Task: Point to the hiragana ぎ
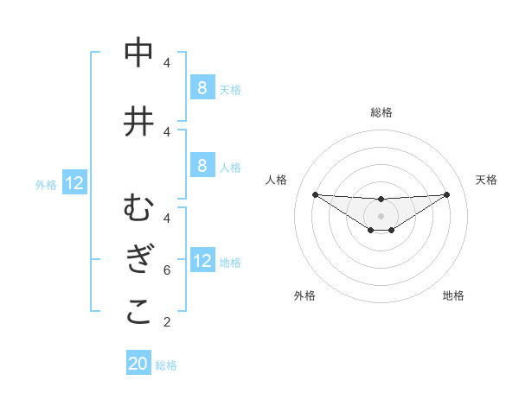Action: pyautogui.click(x=138, y=260)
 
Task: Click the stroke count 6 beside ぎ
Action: pyautogui.click(x=166, y=270)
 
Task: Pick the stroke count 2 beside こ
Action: pyautogui.click(x=166, y=322)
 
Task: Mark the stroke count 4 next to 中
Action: pyautogui.click(x=166, y=63)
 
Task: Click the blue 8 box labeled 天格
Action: pyautogui.click(x=202, y=88)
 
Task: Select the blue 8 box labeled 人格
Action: pyautogui.click(x=202, y=166)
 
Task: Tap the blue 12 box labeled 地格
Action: pyautogui.click(x=202, y=261)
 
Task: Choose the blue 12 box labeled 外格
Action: pyautogui.click(x=74, y=183)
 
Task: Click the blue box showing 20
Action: pyautogui.click(x=138, y=364)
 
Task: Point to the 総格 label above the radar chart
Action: pyautogui.click(x=381, y=112)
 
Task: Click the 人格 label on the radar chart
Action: pyautogui.click(x=277, y=180)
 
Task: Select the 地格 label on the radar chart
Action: pyautogui.click(x=453, y=295)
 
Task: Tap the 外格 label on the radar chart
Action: pyautogui.click(x=304, y=295)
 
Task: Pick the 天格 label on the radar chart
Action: pyautogui.click(x=487, y=180)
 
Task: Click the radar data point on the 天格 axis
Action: pyautogui.click(x=447, y=193)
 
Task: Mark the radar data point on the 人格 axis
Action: pyautogui.click(x=315, y=193)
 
